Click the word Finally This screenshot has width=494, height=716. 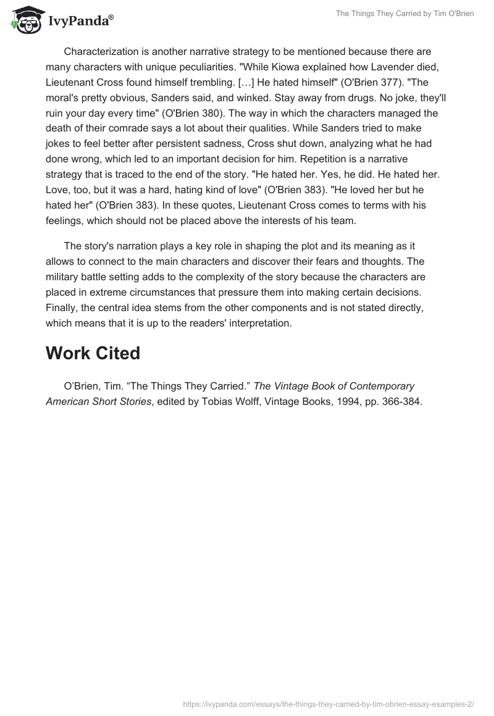pyautogui.click(x=62, y=307)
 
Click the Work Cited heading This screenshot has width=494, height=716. pyautogui.click(x=93, y=354)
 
